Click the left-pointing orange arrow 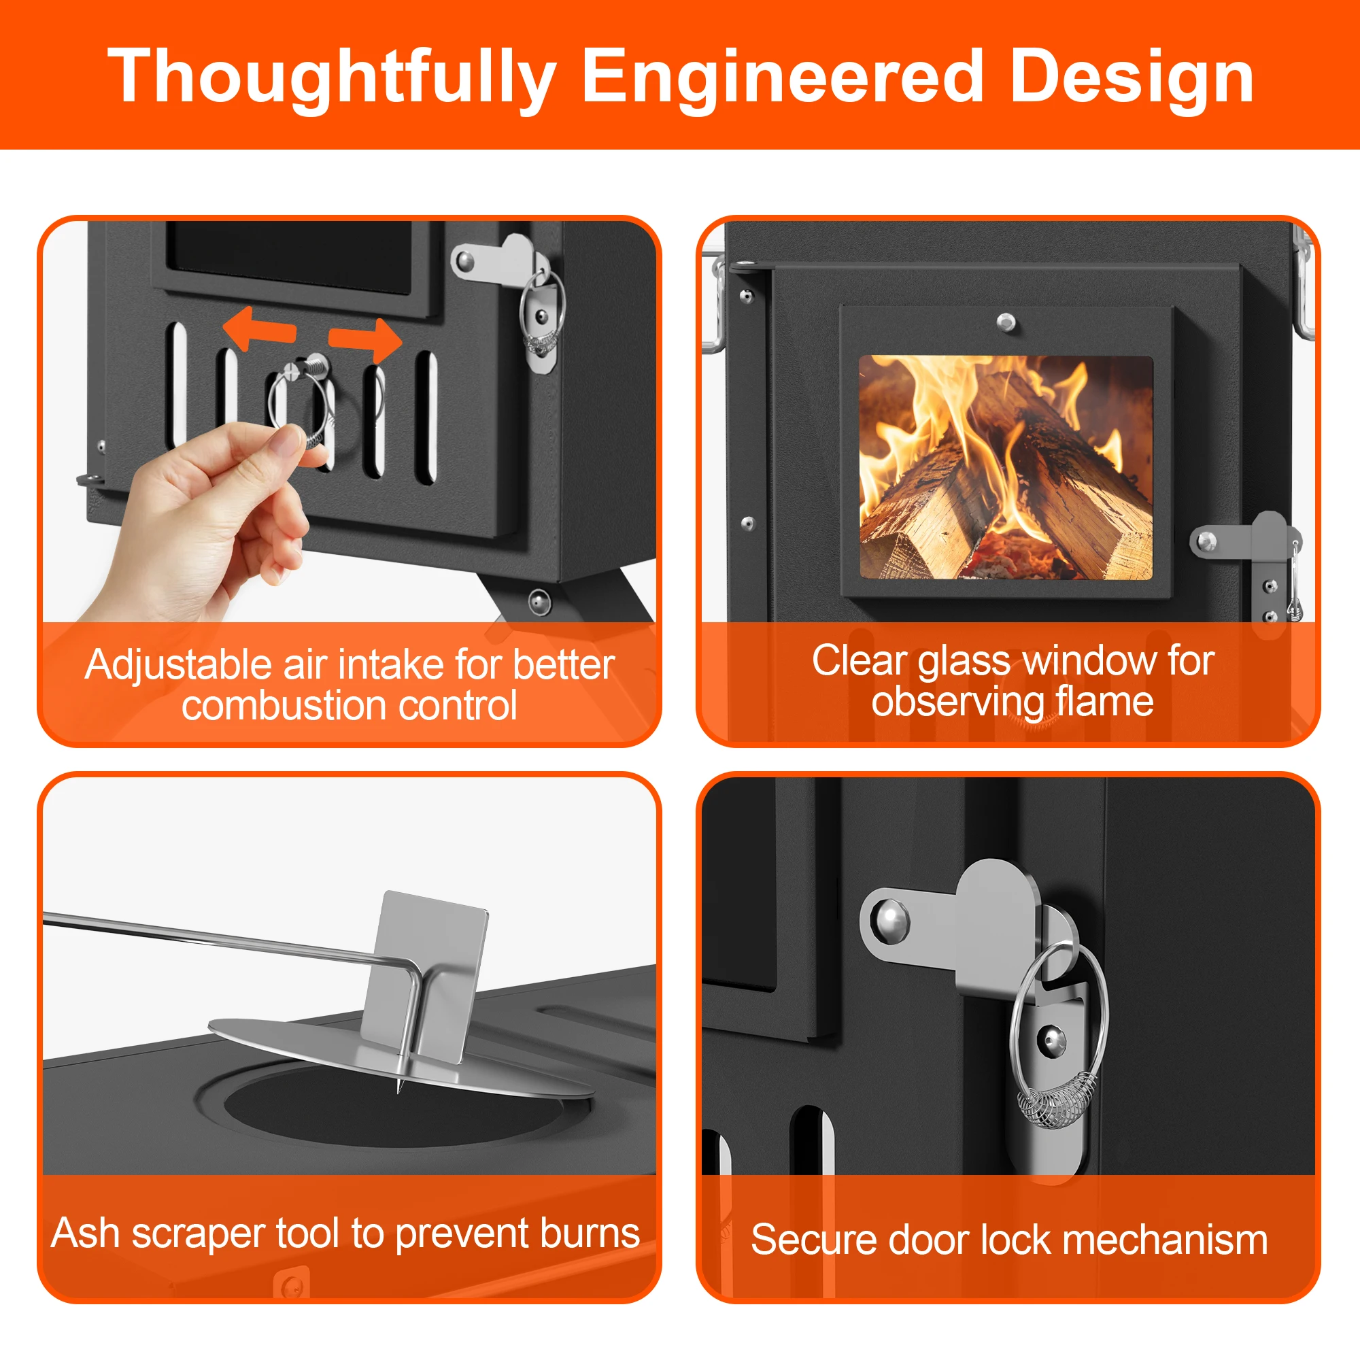pos(258,328)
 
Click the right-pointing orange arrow pos(365,340)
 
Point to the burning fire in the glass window pos(1006,467)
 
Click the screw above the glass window pos(1006,322)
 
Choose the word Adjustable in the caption pos(177,666)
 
